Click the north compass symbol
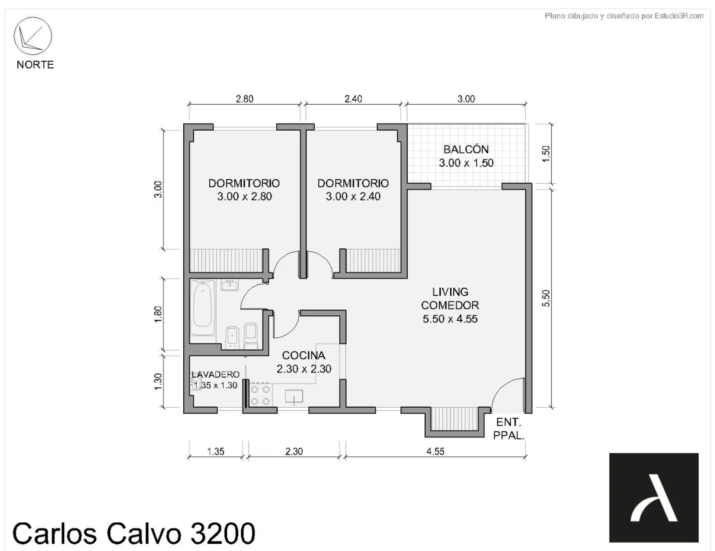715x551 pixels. pos(33,36)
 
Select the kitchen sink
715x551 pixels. pos(294,397)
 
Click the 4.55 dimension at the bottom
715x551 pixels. pos(435,452)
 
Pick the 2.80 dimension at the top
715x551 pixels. pos(244,99)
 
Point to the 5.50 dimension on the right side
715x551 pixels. pos(546,298)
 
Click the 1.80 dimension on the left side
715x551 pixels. pos(158,314)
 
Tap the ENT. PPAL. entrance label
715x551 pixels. pos(509,429)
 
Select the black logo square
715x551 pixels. pos(654,497)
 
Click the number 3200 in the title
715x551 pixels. pos(223,534)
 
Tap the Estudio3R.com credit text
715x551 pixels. pos(679,16)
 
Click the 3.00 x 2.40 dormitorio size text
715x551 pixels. pos(353,197)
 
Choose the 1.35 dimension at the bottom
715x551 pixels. pos(216,452)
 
